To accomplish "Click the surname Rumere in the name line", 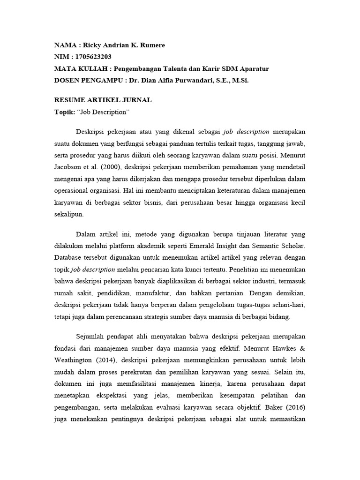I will [152, 45].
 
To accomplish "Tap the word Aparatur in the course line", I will [252, 68].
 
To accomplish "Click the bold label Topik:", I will [64, 112].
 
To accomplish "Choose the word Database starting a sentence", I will [70, 258].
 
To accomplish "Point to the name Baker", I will [274, 407].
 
